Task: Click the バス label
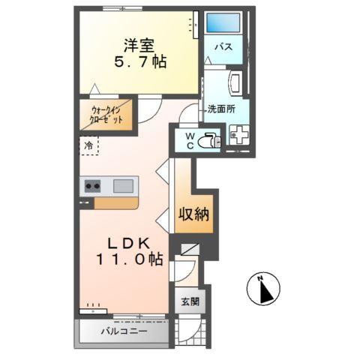coord(223,47)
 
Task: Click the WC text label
coord(190,139)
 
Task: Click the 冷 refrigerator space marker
coord(88,145)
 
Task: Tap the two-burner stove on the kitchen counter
coord(93,185)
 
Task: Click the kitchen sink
coord(123,185)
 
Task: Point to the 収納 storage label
coord(193,214)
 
